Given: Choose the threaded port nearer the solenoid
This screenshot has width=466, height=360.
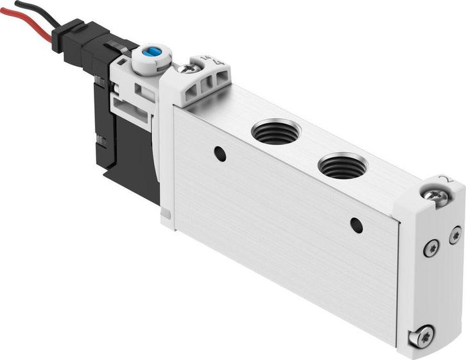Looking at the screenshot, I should [275, 132].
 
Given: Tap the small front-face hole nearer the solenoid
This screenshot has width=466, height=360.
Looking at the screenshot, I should [220, 154].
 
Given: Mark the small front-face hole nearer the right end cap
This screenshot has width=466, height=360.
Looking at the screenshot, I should [356, 225].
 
